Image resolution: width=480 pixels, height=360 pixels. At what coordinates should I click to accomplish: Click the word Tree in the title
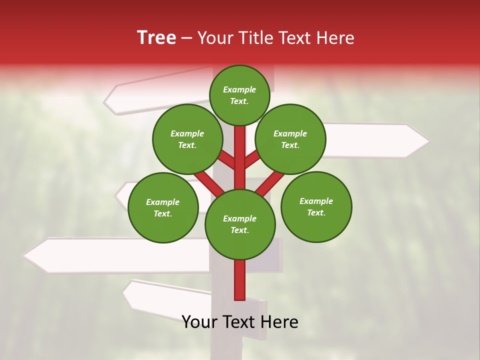(156, 38)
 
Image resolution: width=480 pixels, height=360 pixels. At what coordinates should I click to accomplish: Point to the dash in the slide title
(186, 38)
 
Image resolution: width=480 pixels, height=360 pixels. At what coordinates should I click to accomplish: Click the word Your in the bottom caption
(200, 322)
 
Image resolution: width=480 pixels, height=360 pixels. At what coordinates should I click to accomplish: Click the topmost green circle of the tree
(239, 95)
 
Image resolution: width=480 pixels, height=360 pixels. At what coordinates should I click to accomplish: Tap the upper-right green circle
(290, 139)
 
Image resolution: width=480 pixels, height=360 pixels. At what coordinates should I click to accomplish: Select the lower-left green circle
(163, 207)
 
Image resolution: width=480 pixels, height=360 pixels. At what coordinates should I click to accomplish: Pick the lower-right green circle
(316, 206)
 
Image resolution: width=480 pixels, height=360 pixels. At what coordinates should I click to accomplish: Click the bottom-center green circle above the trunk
(240, 224)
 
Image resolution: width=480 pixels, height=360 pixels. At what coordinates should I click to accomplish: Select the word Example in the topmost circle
(239, 90)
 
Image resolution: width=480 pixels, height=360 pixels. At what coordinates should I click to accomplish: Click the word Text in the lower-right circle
(316, 212)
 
